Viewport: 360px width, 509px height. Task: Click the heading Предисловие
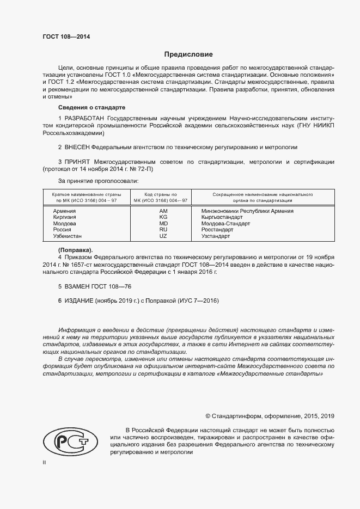tap(188, 54)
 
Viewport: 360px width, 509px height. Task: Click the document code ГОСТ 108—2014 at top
tap(66, 37)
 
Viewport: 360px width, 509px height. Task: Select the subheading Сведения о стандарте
tap(91, 107)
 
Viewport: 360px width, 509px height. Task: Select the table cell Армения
tap(64, 211)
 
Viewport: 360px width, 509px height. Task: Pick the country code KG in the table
tap(163, 217)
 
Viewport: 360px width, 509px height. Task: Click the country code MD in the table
tap(163, 224)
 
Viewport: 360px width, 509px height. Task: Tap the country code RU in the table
tap(163, 230)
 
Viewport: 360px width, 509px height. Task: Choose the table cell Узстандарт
tap(216, 236)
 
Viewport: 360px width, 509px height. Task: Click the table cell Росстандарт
tap(217, 230)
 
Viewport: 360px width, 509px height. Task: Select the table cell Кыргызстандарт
tap(222, 217)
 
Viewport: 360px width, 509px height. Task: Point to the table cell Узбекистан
tap(68, 236)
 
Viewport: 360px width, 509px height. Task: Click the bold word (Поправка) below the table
tap(75, 249)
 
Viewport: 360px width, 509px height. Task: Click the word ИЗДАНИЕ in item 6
tap(79, 301)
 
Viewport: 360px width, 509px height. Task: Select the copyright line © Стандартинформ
tap(270, 416)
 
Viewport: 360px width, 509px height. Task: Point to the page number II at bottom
tap(44, 462)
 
